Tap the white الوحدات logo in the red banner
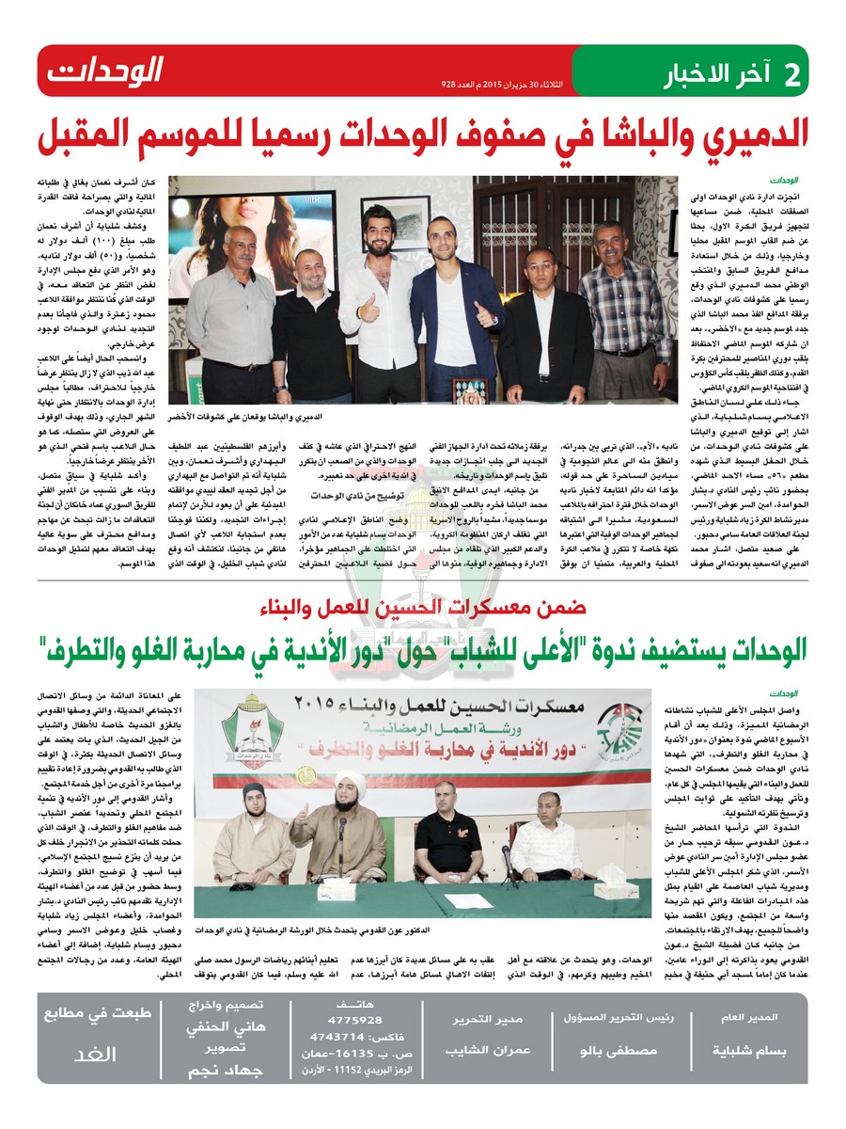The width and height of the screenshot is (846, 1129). (x=105, y=71)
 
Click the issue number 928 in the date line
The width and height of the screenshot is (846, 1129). (x=450, y=84)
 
